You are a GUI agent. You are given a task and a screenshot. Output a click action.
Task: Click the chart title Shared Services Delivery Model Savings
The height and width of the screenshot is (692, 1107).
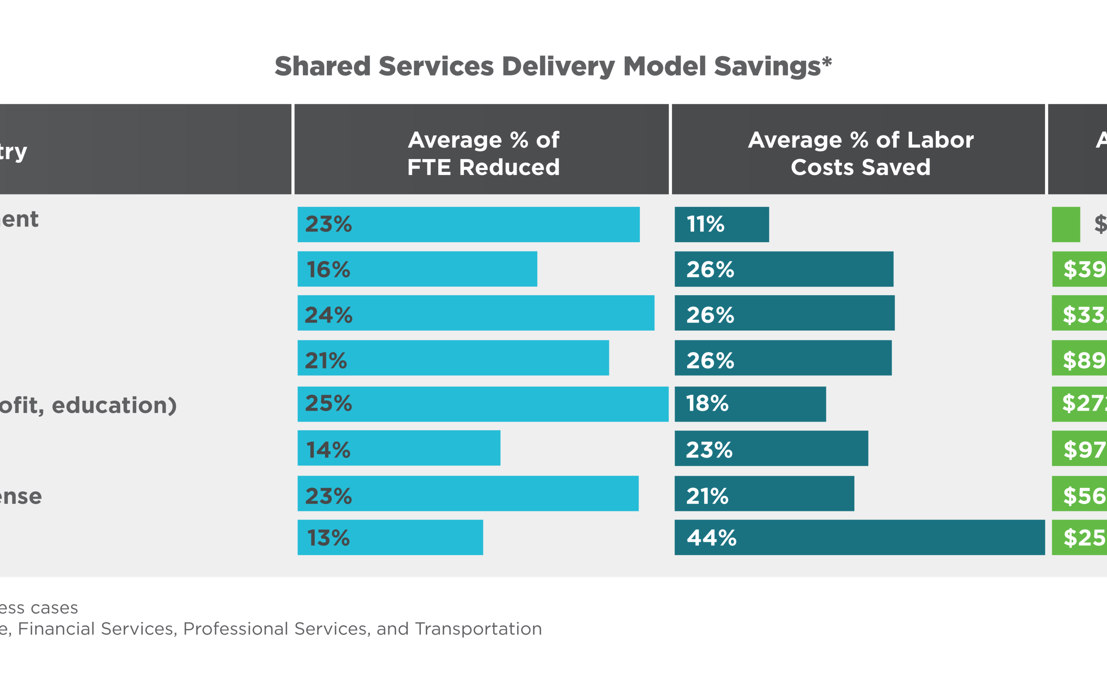tap(553, 67)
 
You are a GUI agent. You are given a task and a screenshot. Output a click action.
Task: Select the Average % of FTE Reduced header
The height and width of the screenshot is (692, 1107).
tap(483, 153)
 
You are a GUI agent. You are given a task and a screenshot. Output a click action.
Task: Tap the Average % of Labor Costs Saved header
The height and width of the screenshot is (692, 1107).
tap(861, 153)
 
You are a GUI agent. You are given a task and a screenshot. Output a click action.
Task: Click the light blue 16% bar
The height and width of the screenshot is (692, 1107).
tap(417, 269)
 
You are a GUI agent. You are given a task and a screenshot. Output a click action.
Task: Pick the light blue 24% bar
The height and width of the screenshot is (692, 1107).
tap(476, 313)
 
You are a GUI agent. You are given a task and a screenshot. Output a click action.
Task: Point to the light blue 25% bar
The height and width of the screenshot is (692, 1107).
tap(483, 404)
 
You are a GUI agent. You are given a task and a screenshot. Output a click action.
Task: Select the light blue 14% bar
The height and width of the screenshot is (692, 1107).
tap(399, 448)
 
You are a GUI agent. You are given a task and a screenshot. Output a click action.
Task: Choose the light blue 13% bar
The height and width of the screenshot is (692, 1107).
tap(390, 537)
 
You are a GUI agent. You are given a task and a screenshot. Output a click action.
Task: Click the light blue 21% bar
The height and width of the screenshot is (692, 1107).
tap(453, 358)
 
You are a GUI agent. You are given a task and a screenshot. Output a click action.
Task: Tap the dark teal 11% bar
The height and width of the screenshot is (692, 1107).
tap(721, 224)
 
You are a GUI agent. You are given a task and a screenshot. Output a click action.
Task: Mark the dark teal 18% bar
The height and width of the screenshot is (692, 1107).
tap(750, 404)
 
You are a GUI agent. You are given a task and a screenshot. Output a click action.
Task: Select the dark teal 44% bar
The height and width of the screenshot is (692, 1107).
tap(859, 537)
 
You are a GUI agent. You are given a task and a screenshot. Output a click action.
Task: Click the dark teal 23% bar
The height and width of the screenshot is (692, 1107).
tap(771, 448)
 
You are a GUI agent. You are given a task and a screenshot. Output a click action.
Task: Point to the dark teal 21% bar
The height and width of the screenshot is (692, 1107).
tap(764, 493)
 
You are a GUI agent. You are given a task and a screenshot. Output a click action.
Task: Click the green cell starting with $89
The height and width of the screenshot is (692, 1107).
tap(1080, 358)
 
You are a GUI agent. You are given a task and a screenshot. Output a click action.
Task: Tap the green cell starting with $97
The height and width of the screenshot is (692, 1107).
tap(1080, 448)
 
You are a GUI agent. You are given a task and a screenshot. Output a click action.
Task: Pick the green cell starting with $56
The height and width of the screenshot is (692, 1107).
tap(1080, 493)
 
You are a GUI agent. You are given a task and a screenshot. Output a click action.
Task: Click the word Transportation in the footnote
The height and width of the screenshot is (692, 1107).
tap(478, 629)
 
